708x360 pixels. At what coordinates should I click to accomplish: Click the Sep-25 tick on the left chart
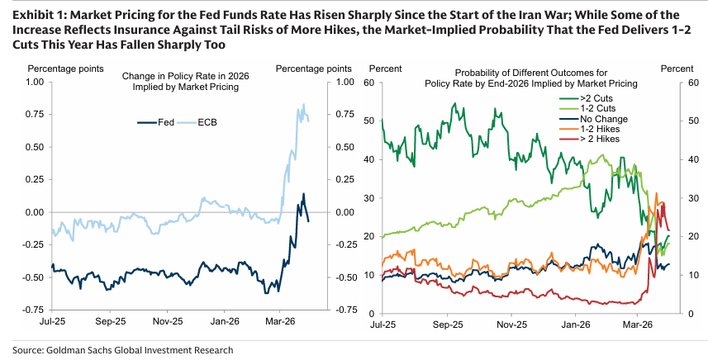111,321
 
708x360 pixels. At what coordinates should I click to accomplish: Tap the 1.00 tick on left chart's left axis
35,83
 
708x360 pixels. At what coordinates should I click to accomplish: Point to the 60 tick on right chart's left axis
373,83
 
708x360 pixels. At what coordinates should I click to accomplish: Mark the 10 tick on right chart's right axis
694,275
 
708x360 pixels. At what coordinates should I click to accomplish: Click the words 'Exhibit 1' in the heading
37,15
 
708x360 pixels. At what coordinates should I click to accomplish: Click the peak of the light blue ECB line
304,105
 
